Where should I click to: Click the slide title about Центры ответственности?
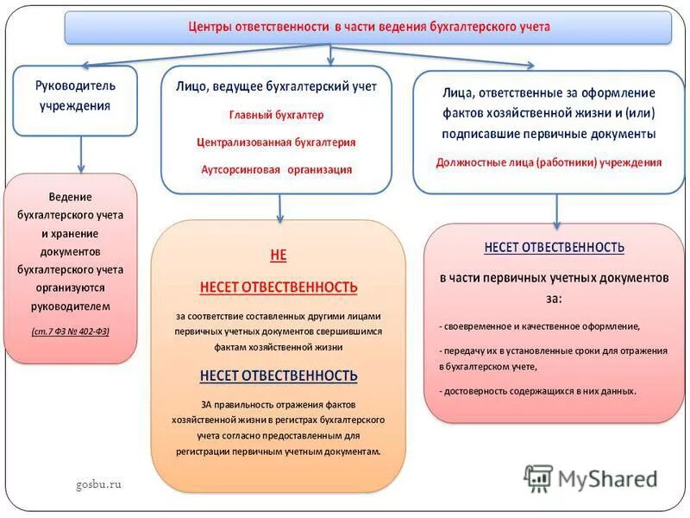[368, 27]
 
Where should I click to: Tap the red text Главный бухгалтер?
[277, 114]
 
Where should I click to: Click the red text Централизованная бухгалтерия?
[277, 142]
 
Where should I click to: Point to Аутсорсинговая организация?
[277, 170]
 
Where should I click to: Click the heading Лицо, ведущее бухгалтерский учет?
[277, 87]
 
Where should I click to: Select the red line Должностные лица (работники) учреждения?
[549, 161]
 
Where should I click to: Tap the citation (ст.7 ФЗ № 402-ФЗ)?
[71, 331]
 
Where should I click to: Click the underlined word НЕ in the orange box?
[278, 256]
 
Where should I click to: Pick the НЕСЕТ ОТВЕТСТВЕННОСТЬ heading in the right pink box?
[554, 247]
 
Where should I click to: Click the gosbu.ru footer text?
[98, 483]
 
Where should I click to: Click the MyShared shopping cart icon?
[538, 477]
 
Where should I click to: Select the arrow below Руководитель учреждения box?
[80, 155]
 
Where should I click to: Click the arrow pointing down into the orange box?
[279, 208]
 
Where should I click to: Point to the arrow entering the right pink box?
[556, 210]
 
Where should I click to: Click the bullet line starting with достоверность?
[537, 391]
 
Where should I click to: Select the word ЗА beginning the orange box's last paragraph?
[207, 404]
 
